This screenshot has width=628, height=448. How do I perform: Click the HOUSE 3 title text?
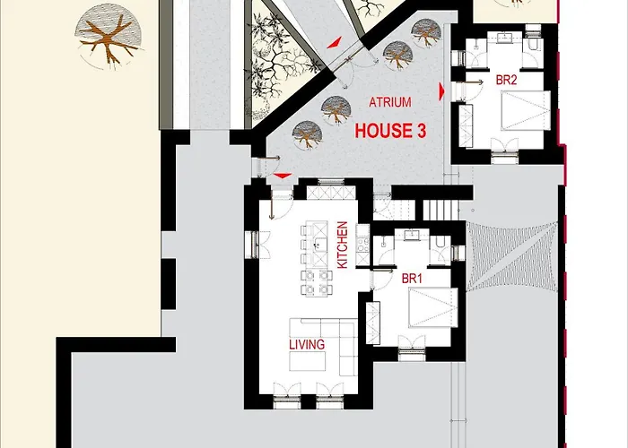click(x=390, y=131)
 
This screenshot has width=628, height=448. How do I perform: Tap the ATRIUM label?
click(x=390, y=102)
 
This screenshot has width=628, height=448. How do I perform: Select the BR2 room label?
click(x=506, y=80)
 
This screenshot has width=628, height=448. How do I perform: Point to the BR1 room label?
click(x=412, y=279)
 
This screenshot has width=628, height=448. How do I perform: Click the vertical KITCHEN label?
click(x=343, y=245)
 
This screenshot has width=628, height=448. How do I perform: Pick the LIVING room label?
click(x=307, y=344)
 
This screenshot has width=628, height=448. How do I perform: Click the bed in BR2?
click(x=526, y=110)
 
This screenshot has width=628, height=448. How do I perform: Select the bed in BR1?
click(x=433, y=307)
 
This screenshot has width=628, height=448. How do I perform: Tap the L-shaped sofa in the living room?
click(x=340, y=340)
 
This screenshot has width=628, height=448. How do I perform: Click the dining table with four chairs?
click(x=317, y=283)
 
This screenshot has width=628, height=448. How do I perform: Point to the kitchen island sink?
click(x=319, y=244)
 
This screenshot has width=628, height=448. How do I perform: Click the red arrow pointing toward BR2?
click(x=441, y=91)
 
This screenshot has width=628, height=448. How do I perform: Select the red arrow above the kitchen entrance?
click(x=283, y=176)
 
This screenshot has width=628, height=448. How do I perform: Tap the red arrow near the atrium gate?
click(x=335, y=42)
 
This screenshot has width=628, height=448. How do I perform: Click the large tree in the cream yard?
click(x=109, y=36)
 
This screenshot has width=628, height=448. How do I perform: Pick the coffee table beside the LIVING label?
click(x=307, y=361)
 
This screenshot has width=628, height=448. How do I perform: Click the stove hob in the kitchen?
click(x=362, y=245)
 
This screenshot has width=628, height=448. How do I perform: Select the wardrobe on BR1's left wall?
click(x=373, y=323)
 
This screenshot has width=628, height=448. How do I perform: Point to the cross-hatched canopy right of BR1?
click(x=511, y=256)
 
